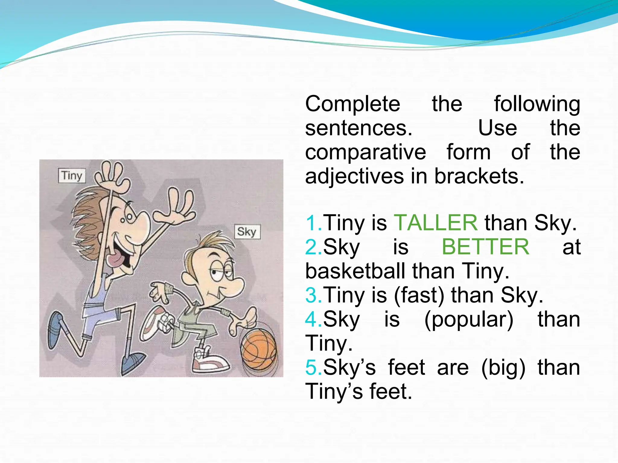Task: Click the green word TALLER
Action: (436, 223)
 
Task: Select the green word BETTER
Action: (486, 247)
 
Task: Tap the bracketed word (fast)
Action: (419, 295)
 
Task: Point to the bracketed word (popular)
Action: (469, 319)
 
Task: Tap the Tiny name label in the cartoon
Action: (72, 175)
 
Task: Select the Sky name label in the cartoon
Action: (247, 232)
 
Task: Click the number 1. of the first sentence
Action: (314, 223)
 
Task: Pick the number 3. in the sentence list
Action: (314, 295)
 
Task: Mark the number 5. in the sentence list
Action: (314, 367)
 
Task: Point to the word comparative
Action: (365, 152)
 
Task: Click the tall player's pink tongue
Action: (116, 260)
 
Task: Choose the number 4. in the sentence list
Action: (314, 319)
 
